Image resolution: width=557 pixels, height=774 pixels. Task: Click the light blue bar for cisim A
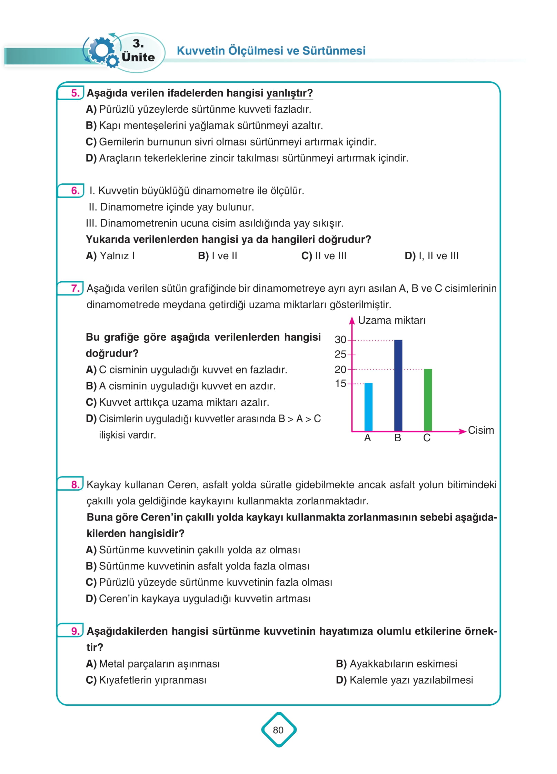click(x=368, y=407)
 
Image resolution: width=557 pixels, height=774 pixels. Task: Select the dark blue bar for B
click(x=398, y=385)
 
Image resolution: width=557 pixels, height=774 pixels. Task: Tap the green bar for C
click(x=428, y=400)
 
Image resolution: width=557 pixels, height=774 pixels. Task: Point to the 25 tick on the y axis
click(x=340, y=354)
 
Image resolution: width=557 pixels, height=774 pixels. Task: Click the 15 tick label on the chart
click(x=340, y=383)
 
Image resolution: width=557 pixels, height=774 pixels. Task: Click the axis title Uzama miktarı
click(x=391, y=320)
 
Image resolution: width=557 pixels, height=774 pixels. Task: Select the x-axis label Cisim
click(x=481, y=430)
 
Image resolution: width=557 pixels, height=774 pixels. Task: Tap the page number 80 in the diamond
click(x=278, y=730)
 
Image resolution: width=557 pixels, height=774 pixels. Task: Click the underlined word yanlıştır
click(x=289, y=93)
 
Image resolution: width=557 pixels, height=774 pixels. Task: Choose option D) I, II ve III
click(x=431, y=256)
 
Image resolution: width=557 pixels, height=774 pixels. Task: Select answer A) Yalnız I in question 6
click(x=110, y=256)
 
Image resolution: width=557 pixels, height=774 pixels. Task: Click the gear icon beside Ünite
click(x=102, y=52)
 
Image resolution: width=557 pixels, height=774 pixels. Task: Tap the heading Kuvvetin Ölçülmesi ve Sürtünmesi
click(x=271, y=51)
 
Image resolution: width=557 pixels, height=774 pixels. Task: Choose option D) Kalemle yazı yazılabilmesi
click(x=404, y=680)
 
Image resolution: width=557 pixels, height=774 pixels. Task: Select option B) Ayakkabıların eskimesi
click(x=396, y=664)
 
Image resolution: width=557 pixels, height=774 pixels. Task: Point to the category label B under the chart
click(x=398, y=438)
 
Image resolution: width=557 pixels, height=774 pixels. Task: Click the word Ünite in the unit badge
click(x=138, y=57)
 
